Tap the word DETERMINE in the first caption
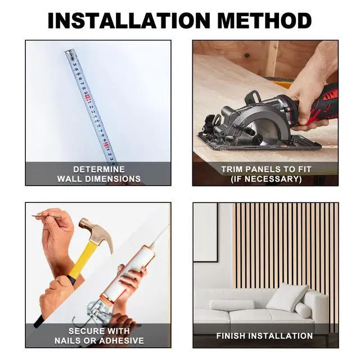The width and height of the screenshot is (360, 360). [99, 169]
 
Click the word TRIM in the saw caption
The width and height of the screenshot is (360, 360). [232, 169]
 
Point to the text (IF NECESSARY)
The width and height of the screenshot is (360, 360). [266, 179]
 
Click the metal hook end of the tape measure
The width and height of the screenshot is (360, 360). [70, 54]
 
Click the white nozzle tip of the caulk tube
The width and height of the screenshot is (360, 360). [161, 234]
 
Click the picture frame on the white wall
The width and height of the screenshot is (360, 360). [205, 232]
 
